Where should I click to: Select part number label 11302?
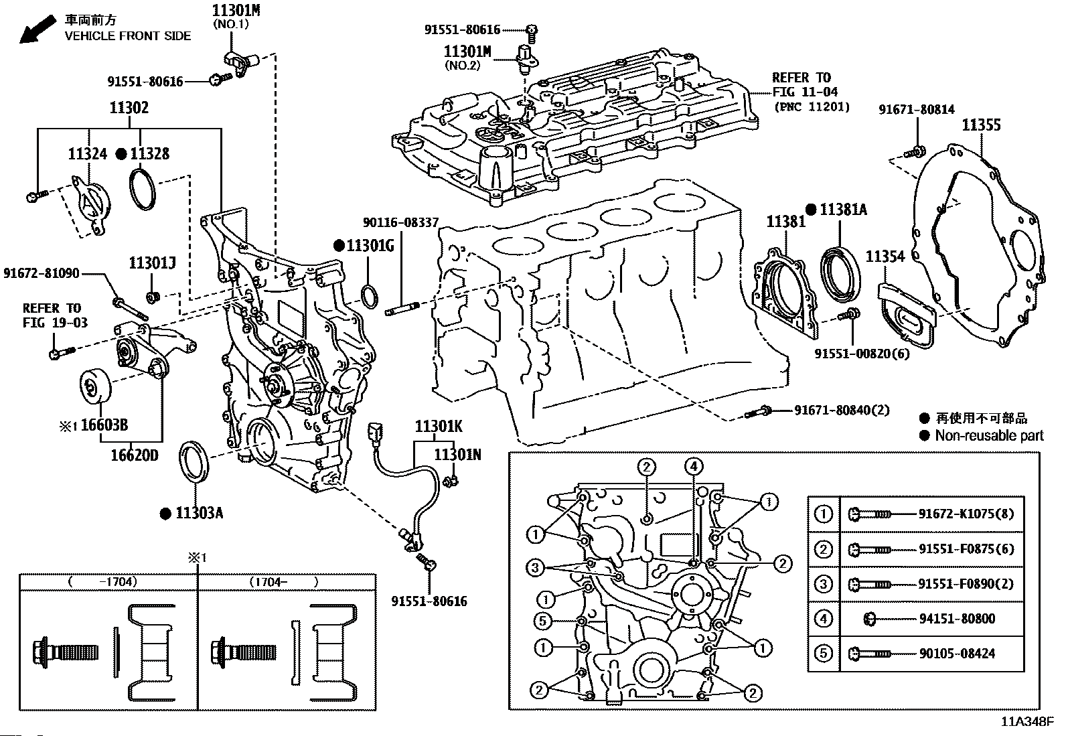129,108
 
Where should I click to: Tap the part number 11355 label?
981,125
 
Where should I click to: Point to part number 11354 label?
885,256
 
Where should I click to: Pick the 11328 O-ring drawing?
142,189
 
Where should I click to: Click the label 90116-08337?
401,222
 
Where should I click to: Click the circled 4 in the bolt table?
823,619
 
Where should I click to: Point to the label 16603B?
104,426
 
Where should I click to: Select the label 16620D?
134,455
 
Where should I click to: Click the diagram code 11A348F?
1027,722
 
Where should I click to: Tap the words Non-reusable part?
989,436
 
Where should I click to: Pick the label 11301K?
439,427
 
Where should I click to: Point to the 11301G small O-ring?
370,295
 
